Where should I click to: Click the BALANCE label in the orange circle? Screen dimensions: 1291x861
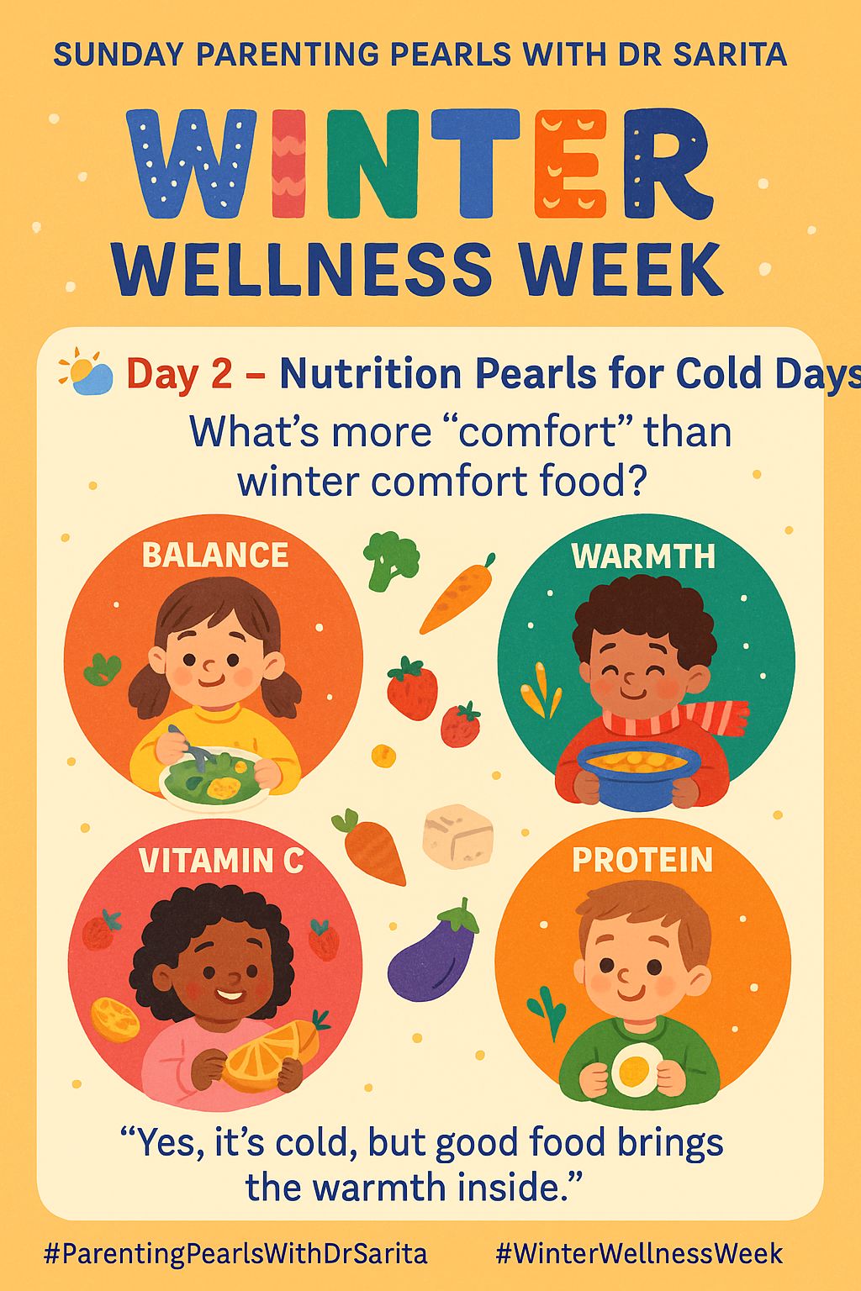(x=215, y=556)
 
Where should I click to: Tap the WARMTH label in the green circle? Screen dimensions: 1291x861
(x=643, y=556)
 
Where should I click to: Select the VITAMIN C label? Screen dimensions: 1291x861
(x=221, y=861)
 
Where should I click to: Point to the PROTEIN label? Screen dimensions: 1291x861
(x=642, y=860)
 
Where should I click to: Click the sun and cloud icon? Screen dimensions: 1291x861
(x=86, y=372)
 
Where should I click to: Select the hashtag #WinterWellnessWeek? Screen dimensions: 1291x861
(x=639, y=1254)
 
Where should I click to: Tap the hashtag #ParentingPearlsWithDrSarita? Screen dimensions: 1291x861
(x=235, y=1254)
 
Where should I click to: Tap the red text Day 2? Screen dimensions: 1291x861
(x=178, y=374)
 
